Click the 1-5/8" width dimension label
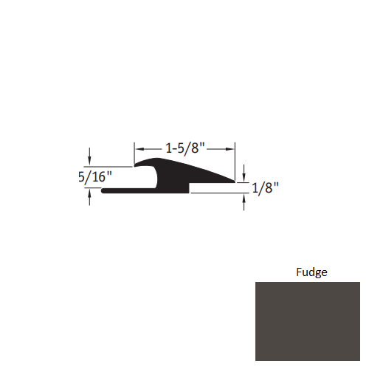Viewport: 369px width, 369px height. coord(184,148)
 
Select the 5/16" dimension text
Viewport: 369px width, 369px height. coord(93,177)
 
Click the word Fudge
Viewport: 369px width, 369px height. coord(311,272)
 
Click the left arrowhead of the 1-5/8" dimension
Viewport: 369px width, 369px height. coord(137,148)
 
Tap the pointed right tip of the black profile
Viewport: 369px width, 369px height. coord(235,180)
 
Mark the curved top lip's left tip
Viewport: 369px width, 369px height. coord(135,165)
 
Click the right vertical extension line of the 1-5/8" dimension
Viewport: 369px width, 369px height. coord(235,159)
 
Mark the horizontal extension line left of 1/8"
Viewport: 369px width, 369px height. coord(218,193)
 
